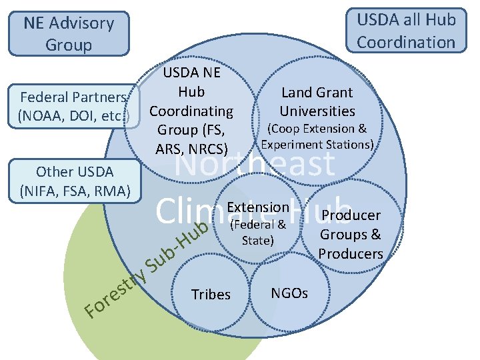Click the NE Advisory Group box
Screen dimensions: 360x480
point(69,33)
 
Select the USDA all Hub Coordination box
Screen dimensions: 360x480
point(406,31)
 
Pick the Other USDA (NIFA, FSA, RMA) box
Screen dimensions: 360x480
point(75,181)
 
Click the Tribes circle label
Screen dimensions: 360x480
point(211,295)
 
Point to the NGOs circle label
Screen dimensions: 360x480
point(289,293)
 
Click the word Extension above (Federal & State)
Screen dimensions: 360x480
point(258,208)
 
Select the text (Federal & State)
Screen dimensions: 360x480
point(257,232)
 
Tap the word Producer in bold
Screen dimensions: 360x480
point(351,215)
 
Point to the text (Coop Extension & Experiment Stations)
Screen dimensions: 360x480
point(317,136)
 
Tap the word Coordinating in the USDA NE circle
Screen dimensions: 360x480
point(191,111)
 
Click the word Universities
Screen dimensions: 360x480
point(317,111)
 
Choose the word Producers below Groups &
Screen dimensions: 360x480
point(351,253)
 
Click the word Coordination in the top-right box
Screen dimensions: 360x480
point(406,42)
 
